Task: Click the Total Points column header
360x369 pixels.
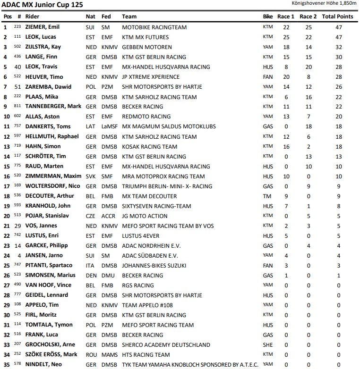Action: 337,17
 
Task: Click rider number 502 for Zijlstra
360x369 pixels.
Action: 17,47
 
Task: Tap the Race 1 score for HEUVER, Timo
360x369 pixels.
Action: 286,77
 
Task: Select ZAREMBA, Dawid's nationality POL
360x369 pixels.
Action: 90,87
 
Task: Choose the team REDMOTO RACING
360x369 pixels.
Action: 146,117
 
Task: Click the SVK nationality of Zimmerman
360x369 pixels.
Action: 90,176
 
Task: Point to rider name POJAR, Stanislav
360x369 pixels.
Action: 47,216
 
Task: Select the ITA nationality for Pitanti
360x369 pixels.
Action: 90,265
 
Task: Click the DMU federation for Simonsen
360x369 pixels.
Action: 108,275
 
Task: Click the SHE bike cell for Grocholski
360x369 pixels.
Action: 267,344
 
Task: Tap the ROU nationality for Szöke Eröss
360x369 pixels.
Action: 91,354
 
